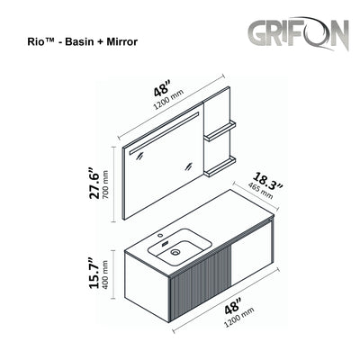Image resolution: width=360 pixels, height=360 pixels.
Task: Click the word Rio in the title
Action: click(x=29, y=42)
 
